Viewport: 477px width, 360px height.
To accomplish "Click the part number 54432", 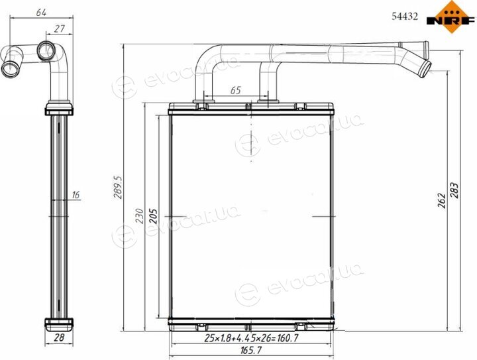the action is [405, 16].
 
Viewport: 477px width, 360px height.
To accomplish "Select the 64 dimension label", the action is [41, 13].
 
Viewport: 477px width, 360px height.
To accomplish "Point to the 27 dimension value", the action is [60, 29].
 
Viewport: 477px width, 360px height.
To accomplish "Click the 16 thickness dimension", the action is [76, 194].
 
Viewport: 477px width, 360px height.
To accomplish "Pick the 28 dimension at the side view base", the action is [60, 337].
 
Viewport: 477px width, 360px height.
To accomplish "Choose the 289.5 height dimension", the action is [118, 187].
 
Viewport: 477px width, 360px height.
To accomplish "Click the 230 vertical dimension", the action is [140, 215].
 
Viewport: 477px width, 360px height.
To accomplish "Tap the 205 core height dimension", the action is [153, 215].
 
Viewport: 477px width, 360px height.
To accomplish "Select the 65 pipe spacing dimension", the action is [235, 90].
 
